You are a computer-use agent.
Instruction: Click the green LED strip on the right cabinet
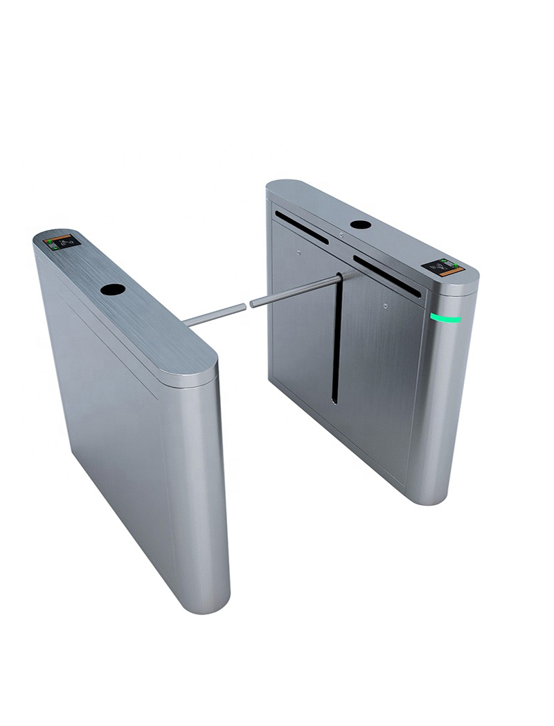(x=445, y=318)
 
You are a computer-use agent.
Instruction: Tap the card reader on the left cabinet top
(x=62, y=242)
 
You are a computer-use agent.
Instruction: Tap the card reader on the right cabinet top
(x=442, y=267)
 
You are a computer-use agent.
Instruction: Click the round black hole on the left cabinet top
(x=112, y=290)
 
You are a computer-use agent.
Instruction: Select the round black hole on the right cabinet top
(x=360, y=224)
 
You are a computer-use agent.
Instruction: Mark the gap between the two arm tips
(x=248, y=304)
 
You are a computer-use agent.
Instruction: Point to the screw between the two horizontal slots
(x=341, y=236)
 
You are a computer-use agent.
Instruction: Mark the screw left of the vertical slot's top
(x=298, y=252)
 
